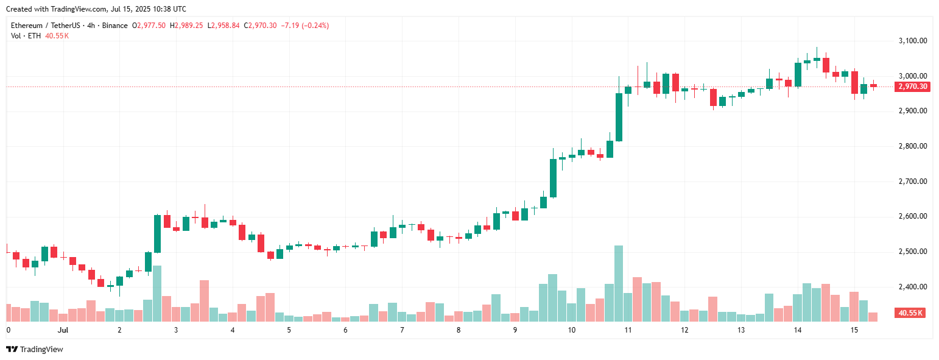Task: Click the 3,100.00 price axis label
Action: click(912, 41)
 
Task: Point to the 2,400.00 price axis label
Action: click(912, 287)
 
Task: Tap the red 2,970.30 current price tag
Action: click(912, 86)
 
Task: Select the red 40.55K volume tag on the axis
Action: click(912, 313)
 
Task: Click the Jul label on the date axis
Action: click(62, 330)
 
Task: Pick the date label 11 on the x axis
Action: click(627, 330)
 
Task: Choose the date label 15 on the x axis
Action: click(854, 330)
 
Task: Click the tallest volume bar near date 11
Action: click(619, 283)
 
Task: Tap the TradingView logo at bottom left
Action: click(34, 349)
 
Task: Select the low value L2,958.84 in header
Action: click(223, 26)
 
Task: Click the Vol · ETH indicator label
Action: click(26, 36)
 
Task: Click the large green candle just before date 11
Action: click(619, 117)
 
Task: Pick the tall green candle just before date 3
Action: click(157, 233)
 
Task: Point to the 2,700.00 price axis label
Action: click(912, 182)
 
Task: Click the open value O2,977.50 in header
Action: click(149, 26)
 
